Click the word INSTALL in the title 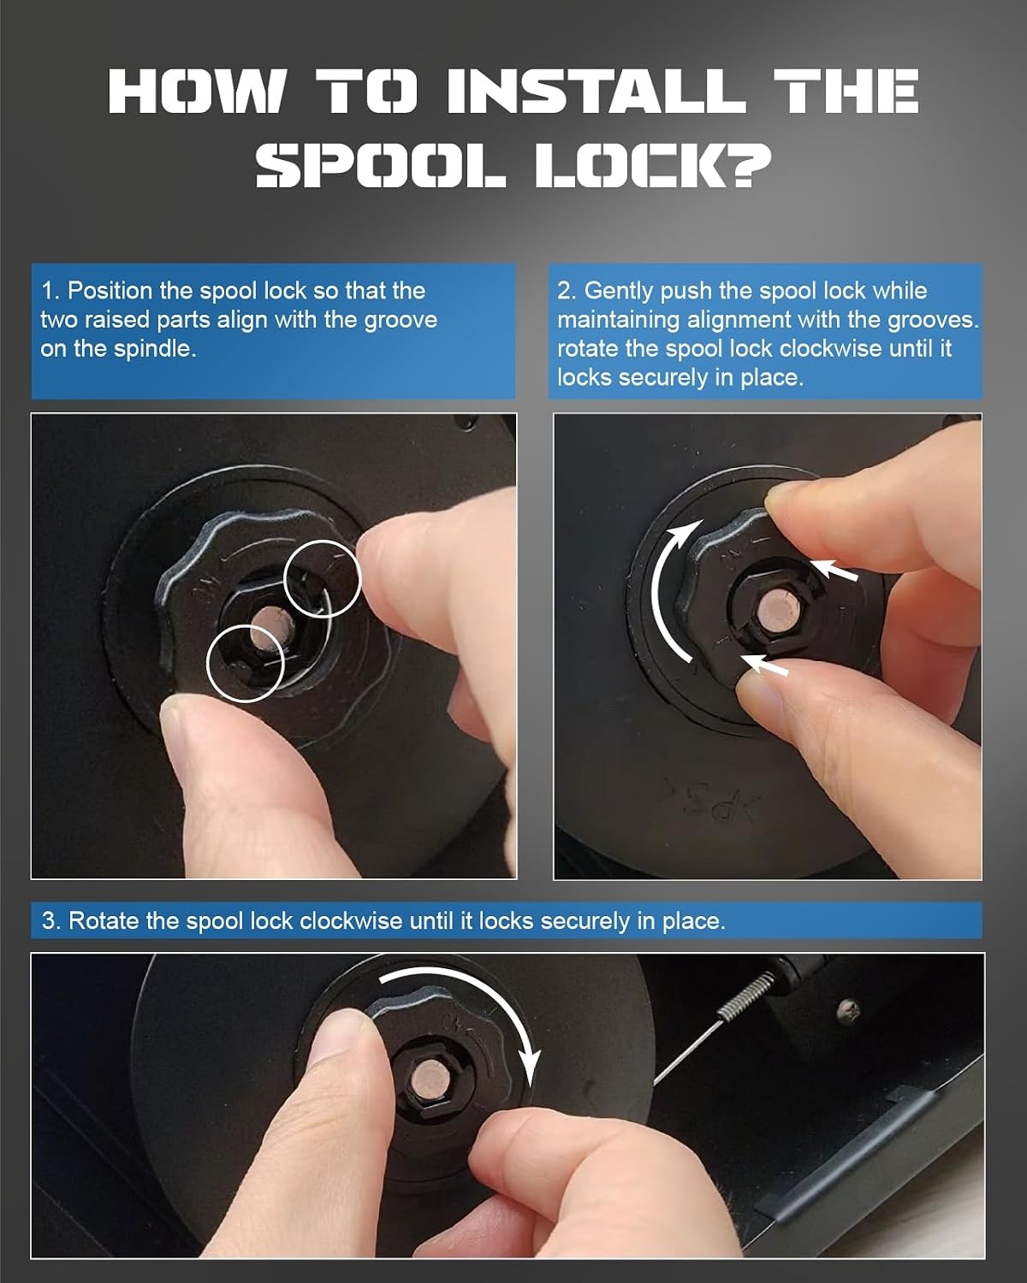coord(597,91)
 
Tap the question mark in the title coord(750,166)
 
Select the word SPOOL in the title coord(380,166)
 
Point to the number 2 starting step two coord(564,291)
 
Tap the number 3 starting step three coord(49,920)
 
